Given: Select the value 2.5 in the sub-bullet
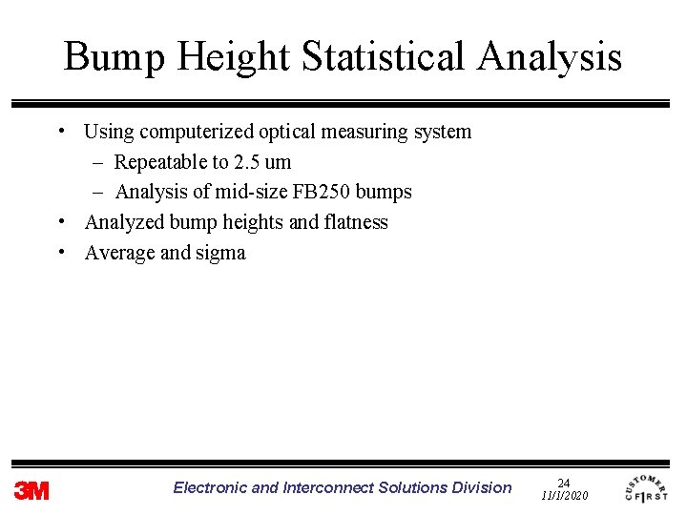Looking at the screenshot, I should point(247,162).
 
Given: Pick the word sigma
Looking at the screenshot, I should point(220,253).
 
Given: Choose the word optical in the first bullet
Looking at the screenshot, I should point(288,132).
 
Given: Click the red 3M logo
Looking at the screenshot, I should point(31,490).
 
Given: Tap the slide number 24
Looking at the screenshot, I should point(563,484).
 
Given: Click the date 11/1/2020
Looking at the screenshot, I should point(564,496).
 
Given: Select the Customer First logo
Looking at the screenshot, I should point(646,487).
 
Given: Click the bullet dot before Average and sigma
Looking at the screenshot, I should point(61,252).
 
